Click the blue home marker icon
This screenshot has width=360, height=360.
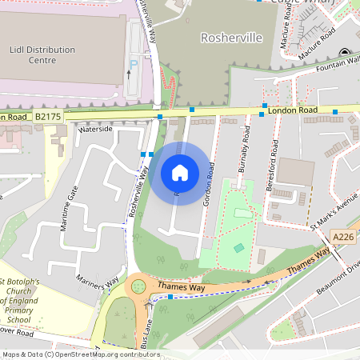click(179, 173)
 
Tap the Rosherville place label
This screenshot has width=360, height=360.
click(227, 38)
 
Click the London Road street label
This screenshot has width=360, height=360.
click(293, 110)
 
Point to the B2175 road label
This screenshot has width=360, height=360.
click(47, 117)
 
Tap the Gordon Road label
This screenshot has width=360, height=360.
click(210, 185)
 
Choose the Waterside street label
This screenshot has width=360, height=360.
click(96, 129)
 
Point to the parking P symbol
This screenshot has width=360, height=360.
click(134, 63)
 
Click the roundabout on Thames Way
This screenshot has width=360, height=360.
click(138, 285)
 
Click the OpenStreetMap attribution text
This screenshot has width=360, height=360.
click(80, 354)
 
